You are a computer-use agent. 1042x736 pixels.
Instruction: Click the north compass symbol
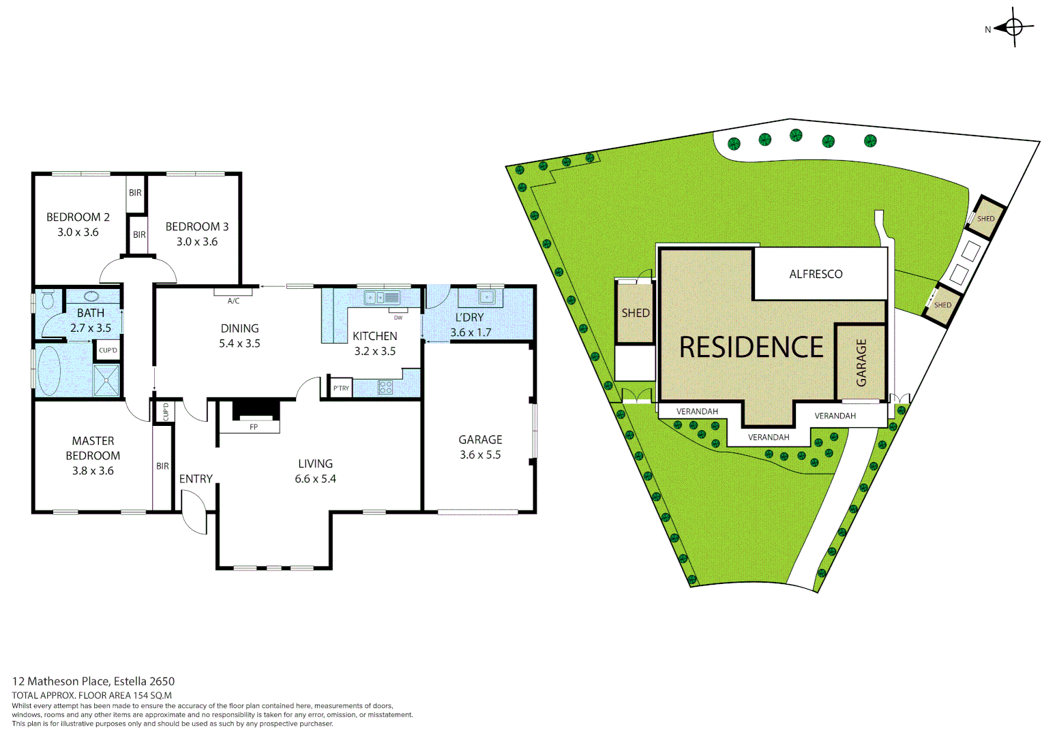[x=1013, y=27]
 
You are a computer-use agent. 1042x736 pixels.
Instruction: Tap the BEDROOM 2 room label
[x=78, y=217]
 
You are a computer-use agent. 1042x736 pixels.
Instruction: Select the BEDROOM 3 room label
[x=197, y=227]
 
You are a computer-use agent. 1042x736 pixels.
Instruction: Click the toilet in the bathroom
[x=48, y=300]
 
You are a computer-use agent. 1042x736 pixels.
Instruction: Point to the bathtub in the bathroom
[x=48, y=371]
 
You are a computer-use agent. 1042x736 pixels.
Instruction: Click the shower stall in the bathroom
[x=106, y=380]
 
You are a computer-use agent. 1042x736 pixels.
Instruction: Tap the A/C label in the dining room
[x=233, y=301]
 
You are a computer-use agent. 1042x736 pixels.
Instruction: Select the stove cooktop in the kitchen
[x=385, y=388]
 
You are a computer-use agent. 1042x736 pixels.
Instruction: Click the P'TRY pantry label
[x=341, y=388]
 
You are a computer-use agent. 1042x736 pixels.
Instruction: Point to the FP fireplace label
[x=254, y=427]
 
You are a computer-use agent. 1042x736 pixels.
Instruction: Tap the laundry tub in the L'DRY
[x=486, y=297]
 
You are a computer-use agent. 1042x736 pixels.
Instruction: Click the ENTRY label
[x=196, y=479]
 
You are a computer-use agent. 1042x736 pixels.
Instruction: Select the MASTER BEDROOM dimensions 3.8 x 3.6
[x=93, y=471]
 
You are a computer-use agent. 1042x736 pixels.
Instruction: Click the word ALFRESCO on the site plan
[x=816, y=274]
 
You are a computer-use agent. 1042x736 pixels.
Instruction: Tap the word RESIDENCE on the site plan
[x=751, y=348]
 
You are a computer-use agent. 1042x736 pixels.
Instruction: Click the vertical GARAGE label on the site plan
[x=861, y=363]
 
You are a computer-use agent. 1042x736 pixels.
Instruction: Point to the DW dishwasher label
[x=398, y=318]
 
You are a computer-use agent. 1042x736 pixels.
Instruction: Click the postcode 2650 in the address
[x=162, y=681]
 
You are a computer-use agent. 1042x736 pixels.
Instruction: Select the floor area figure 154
[x=140, y=696]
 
